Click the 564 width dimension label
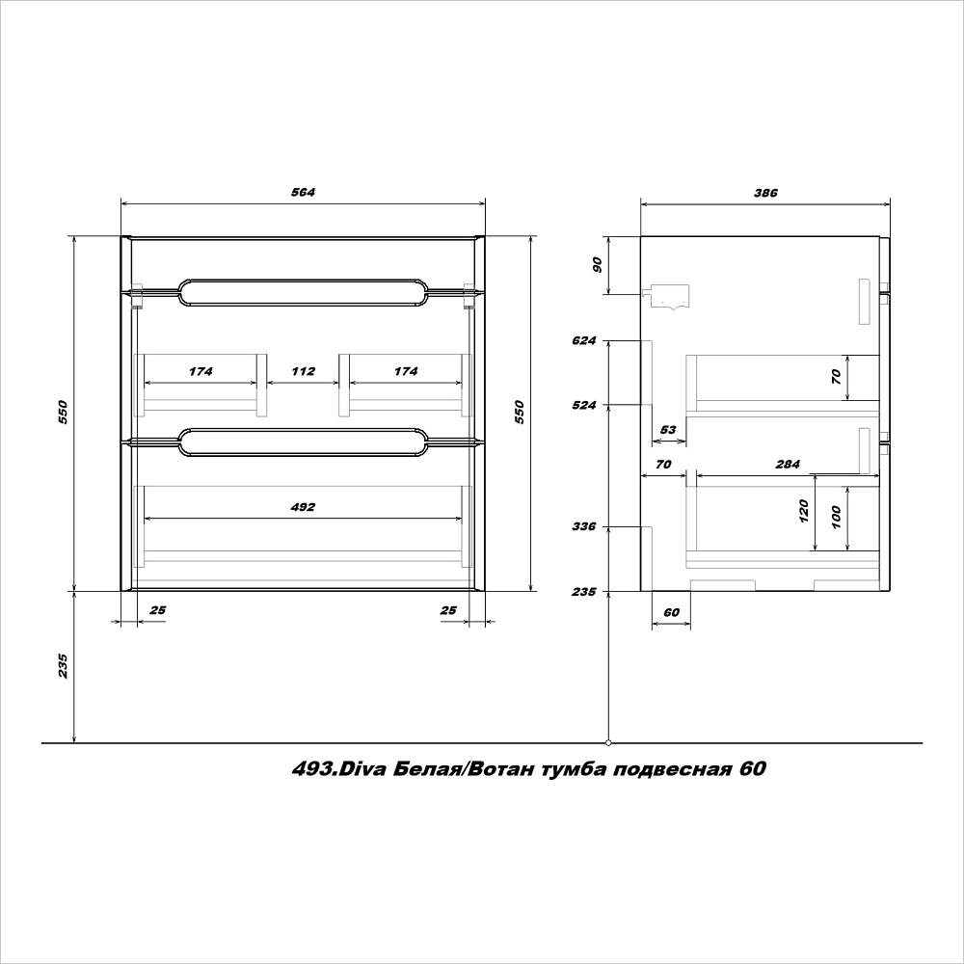pyautogui.click(x=303, y=193)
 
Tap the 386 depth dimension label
pyautogui.click(x=765, y=193)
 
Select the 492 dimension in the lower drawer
pyautogui.click(x=303, y=507)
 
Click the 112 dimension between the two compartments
pyautogui.click(x=303, y=371)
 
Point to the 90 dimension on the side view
pyautogui.click(x=597, y=265)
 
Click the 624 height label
pyautogui.click(x=584, y=340)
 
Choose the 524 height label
pyautogui.click(x=584, y=405)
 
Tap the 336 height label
pyautogui.click(x=584, y=526)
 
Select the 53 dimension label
pyautogui.click(x=668, y=430)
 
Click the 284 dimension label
pyautogui.click(x=788, y=465)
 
